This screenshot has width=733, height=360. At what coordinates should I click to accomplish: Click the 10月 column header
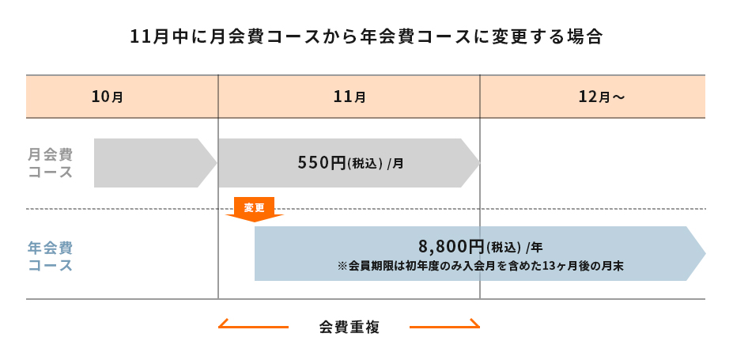108,97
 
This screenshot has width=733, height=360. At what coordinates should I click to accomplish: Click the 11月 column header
349,97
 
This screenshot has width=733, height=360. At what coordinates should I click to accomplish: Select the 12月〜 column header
601,97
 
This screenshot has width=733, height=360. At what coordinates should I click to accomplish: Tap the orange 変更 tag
254,207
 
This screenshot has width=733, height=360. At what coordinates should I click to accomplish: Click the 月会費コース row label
51,163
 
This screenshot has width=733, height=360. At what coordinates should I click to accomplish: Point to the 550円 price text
322,163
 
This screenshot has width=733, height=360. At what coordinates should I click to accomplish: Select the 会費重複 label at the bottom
349,327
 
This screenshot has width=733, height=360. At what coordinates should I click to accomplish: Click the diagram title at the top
366,37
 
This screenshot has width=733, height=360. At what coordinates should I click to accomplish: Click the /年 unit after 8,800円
534,247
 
